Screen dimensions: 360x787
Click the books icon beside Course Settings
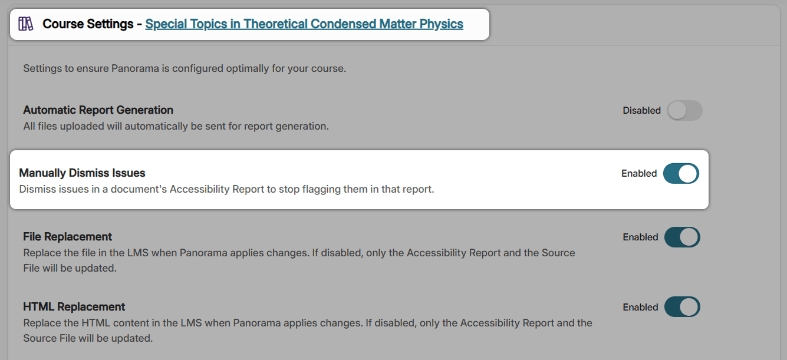(x=26, y=24)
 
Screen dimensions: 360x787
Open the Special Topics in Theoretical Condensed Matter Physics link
(x=304, y=24)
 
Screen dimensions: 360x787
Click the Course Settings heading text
(x=88, y=24)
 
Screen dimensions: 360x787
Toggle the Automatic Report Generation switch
(x=684, y=110)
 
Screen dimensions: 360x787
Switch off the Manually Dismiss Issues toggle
(x=681, y=174)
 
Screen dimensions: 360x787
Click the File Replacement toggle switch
(x=682, y=237)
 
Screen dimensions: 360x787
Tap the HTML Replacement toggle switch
(x=682, y=307)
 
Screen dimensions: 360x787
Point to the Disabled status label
(x=641, y=110)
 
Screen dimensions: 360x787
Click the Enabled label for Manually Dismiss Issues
(x=639, y=173)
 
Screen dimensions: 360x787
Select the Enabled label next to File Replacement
(x=640, y=237)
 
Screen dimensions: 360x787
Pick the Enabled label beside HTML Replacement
(x=640, y=307)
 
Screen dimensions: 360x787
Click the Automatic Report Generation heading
(x=98, y=110)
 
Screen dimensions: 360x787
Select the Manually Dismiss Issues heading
(x=82, y=173)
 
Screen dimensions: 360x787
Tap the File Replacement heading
(x=67, y=237)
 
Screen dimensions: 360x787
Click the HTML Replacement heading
(x=74, y=307)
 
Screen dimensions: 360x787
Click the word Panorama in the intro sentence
(x=133, y=68)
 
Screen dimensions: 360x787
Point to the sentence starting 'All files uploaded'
(x=176, y=125)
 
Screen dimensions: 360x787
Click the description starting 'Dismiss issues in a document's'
(x=226, y=189)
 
